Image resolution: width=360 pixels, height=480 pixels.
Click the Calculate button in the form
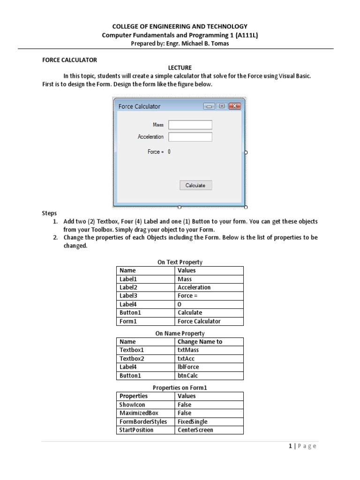[195, 185]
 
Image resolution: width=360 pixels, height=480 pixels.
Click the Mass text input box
[190, 125]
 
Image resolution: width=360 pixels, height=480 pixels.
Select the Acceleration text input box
[190, 137]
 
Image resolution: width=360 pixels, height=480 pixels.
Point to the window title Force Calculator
[139, 106]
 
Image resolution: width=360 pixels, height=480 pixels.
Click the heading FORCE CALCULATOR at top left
[69, 60]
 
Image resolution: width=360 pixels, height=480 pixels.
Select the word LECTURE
[180, 68]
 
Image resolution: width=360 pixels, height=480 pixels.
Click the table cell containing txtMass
[209, 350]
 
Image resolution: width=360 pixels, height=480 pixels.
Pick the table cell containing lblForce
[209, 367]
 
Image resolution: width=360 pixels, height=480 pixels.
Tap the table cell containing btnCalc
[209, 375]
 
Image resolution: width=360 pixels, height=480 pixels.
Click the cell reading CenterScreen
[209, 430]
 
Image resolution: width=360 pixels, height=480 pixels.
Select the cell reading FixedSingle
[209, 421]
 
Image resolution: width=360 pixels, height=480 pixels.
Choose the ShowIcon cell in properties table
[146, 405]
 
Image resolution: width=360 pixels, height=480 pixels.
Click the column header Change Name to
[209, 342]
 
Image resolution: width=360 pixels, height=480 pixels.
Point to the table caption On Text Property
[180, 262]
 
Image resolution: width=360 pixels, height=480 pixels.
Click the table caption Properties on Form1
[180, 388]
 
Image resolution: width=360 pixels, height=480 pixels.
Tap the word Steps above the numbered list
[49, 213]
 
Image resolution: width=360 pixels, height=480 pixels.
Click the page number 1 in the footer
[291, 446]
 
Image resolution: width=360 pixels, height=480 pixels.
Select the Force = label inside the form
[156, 152]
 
